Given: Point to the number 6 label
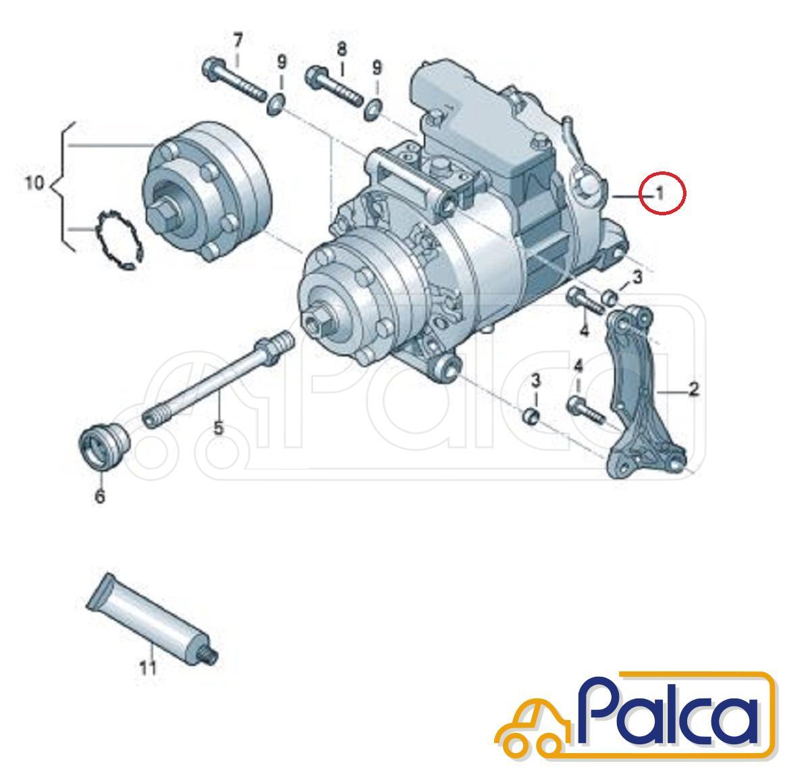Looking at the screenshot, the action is [100, 497].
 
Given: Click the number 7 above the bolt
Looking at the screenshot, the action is [237, 41].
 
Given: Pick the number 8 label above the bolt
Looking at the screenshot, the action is [342, 49].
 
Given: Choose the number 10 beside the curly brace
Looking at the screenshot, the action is [34, 183].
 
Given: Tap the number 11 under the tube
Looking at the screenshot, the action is [148, 668].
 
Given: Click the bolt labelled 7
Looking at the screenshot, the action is [234, 81].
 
